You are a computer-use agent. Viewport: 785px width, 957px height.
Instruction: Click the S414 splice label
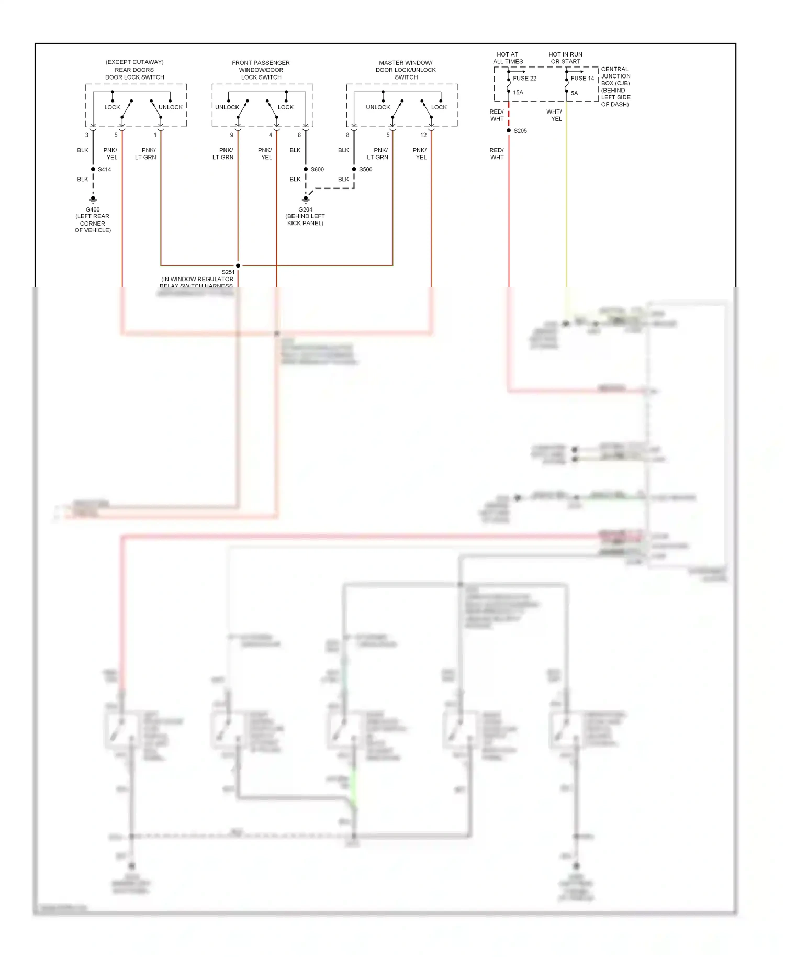coord(104,169)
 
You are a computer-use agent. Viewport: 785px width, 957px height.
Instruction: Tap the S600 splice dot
coord(306,169)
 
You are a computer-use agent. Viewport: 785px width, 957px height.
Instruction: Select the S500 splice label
coord(365,169)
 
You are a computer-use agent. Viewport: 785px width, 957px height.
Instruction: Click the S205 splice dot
coord(509,130)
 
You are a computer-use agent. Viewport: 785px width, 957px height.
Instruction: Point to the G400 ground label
coord(93,209)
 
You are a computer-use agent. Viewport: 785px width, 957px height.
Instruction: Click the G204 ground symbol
coord(306,199)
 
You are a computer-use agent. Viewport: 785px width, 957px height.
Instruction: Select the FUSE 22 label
coord(524,79)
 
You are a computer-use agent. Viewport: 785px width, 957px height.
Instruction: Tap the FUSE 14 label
coord(582,79)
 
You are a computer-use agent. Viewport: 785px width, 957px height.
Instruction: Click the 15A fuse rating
coord(518,93)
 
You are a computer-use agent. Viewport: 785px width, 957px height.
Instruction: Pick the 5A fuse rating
coord(574,93)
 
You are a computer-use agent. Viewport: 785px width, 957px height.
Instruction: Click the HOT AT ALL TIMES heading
coord(508,58)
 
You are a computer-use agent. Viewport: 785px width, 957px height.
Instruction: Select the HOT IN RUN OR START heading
coord(565,58)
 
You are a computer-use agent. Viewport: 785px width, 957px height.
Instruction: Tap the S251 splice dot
coord(238,265)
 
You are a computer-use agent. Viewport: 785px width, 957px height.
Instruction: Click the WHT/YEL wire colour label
coord(554,115)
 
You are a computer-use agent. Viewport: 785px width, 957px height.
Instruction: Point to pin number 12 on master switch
coord(423,135)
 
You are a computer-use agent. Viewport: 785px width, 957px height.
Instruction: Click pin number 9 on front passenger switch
coord(232,135)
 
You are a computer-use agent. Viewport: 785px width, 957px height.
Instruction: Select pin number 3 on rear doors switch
coord(87,135)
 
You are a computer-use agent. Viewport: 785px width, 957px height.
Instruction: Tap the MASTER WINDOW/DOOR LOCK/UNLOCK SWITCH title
coord(406,70)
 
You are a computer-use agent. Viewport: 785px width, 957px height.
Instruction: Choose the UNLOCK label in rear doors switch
coord(171,107)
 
